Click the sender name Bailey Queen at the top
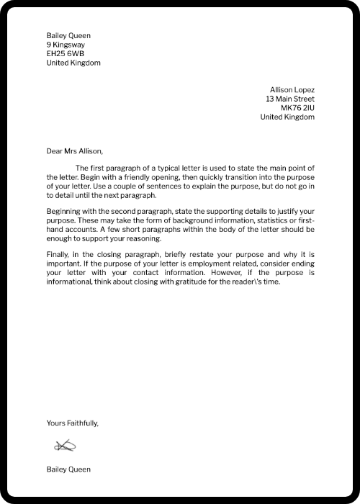coord(68,35)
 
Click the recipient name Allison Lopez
coord(292,90)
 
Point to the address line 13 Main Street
coord(289,99)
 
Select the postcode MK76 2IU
coord(297,108)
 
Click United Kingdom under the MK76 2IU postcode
coord(287,117)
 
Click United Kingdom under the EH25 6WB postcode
coord(73,63)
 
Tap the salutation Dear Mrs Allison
coord(75,151)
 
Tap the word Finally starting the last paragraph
coord(58,256)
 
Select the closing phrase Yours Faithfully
coord(72,423)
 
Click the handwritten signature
coord(64,447)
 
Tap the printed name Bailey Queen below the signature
coord(68,469)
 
